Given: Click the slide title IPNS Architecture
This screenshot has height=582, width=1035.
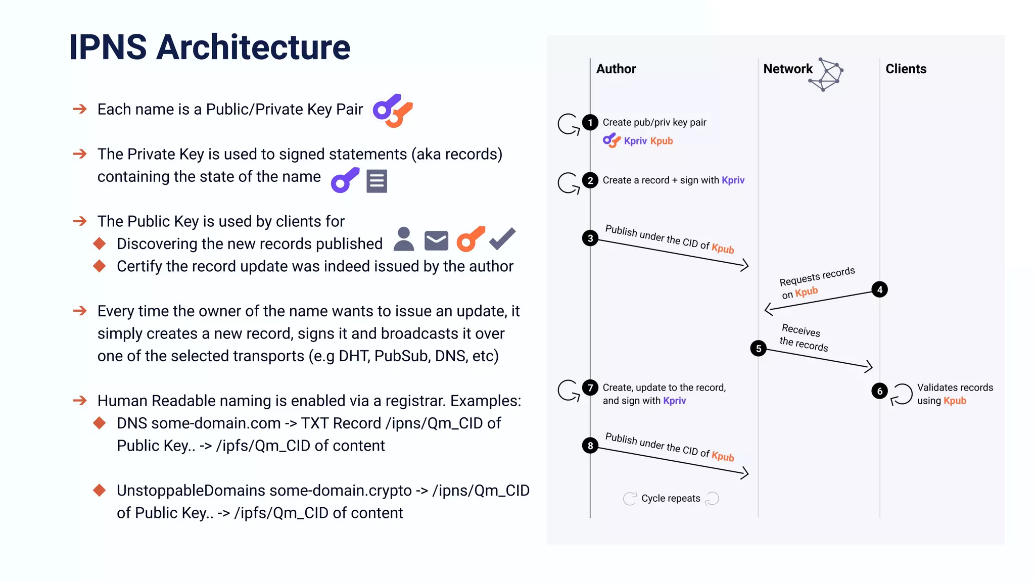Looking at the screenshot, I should click(x=209, y=47).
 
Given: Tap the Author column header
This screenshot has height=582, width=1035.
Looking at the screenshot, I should click(x=616, y=69).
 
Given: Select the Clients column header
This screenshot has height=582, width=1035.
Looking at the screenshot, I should click(x=906, y=69).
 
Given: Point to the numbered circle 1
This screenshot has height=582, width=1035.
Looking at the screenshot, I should click(x=590, y=122).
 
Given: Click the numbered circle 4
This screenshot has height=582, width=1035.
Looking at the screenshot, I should click(x=879, y=289).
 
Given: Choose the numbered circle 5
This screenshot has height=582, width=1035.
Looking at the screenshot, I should click(x=758, y=348).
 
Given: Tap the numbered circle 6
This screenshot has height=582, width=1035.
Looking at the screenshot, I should click(x=879, y=391).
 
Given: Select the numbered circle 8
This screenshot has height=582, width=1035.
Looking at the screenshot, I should click(x=590, y=446).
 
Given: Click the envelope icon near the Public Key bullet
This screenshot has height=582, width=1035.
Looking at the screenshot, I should click(x=436, y=240).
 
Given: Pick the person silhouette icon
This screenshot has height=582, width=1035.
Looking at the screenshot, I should click(x=403, y=239).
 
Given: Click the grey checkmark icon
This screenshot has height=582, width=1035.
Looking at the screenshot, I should click(x=502, y=238).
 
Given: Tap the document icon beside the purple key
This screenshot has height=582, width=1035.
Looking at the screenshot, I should click(x=377, y=181).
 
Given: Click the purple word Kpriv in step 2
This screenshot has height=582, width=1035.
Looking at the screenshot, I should click(x=733, y=180).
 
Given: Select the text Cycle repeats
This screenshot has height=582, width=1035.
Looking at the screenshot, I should click(x=671, y=499).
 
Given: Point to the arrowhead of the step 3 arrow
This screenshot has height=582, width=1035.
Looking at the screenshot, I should click(x=745, y=265).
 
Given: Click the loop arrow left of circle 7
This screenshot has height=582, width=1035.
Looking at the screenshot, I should click(x=568, y=390).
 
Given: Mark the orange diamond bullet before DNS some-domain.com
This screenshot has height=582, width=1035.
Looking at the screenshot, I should click(x=100, y=423).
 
